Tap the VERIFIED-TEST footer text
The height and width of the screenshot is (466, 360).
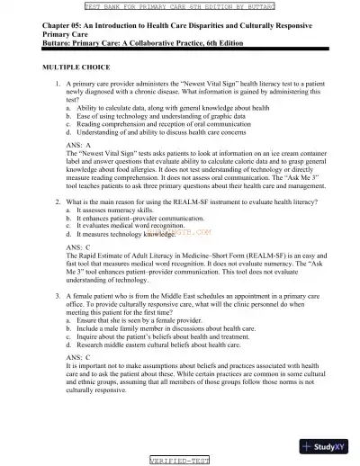point(180,460)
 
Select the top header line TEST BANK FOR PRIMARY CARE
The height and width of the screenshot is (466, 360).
point(180,4)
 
